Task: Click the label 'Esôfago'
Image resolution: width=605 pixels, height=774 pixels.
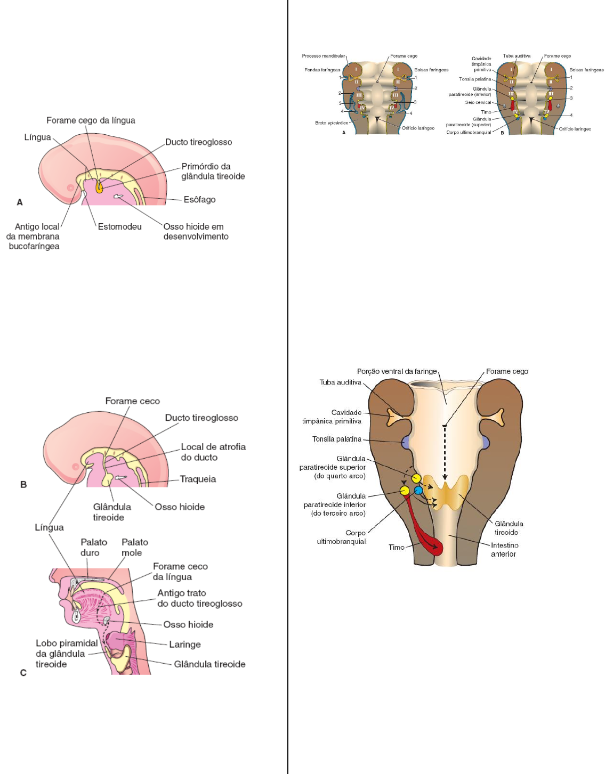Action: point(199,200)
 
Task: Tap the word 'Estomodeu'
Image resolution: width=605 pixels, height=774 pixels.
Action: point(119,227)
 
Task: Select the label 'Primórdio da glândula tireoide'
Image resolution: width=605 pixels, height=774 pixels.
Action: point(213,172)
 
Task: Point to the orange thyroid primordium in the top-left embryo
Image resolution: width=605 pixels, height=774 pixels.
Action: point(99,187)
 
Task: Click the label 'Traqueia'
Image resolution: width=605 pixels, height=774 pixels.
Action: point(198,479)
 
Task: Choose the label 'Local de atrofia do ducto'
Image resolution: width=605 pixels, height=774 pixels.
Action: point(213,452)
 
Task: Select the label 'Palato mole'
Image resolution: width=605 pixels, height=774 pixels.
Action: point(134,548)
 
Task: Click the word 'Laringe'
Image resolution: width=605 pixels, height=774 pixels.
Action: point(184,645)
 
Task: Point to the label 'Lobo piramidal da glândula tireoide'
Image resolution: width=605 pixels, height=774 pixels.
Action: point(66,654)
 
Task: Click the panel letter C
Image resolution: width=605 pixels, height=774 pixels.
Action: point(23,673)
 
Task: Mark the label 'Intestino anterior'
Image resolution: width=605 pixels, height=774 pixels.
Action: point(504,550)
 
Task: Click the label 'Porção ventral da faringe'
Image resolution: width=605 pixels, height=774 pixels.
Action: point(397,371)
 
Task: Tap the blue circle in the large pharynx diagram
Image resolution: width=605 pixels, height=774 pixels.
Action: point(418,490)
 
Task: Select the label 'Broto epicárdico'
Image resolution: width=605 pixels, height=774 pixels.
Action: point(331,123)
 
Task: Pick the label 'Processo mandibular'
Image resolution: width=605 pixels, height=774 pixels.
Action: point(324,56)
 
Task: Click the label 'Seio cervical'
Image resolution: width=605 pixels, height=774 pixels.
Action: point(478,102)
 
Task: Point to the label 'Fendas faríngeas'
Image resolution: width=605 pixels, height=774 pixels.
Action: point(322,70)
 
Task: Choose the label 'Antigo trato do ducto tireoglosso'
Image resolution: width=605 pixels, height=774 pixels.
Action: point(199,598)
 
